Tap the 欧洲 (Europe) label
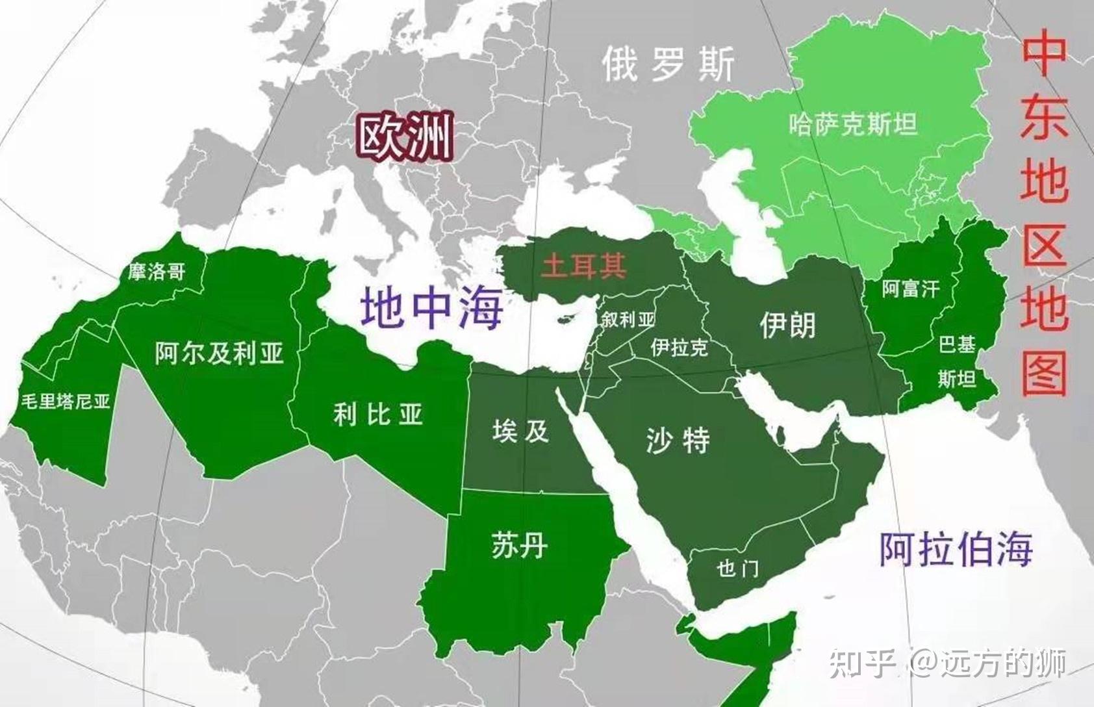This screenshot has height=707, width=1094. [405, 138]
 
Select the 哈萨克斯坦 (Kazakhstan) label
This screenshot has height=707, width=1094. [853, 123]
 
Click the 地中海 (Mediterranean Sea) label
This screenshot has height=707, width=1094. [432, 308]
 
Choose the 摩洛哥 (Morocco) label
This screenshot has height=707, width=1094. [156, 271]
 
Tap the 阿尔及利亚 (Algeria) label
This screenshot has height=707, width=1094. [220, 353]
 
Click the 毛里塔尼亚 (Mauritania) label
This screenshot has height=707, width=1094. [65, 401]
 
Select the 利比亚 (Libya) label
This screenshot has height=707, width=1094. [377, 414]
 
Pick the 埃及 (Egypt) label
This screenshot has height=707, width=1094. [520, 431]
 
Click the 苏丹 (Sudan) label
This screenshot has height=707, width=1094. [519, 544]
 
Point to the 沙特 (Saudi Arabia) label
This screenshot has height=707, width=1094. [678, 441]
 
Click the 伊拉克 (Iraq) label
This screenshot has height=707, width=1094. [679, 348]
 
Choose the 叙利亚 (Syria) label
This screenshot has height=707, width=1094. [628, 319]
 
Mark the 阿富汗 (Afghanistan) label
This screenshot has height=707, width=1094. [910, 289]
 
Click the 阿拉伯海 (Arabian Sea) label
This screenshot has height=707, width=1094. [956, 549]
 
